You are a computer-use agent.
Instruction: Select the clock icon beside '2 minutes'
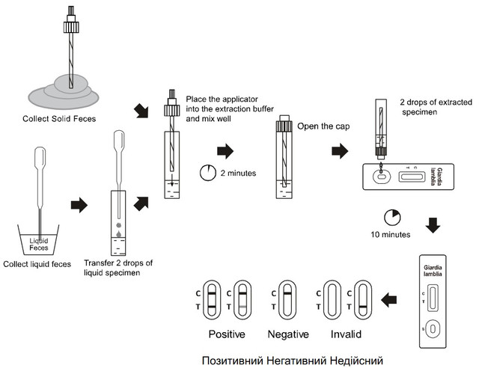point(207,173)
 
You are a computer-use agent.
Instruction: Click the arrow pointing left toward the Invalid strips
point(390,300)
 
